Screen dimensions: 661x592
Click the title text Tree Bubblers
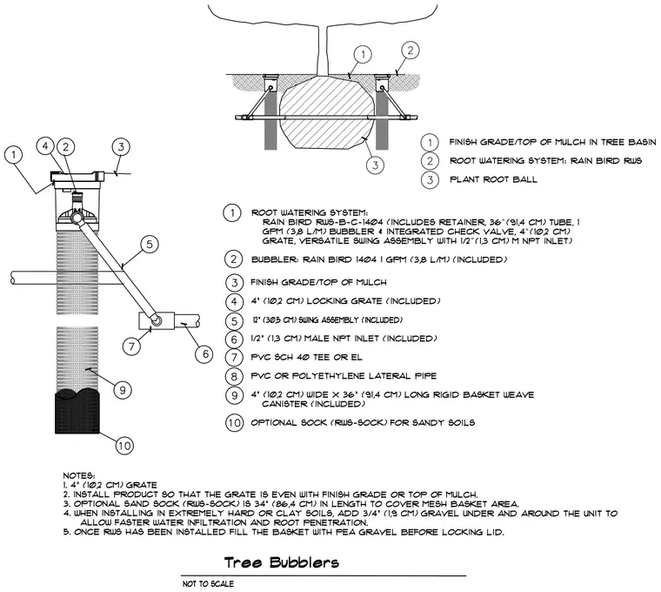(x=281, y=562)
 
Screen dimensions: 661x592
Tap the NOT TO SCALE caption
(x=208, y=584)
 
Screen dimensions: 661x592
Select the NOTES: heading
(x=79, y=476)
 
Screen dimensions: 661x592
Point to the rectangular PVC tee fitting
(x=157, y=320)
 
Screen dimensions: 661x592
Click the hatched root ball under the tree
(x=327, y=111)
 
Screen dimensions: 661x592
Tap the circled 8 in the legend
(x=234, y=376)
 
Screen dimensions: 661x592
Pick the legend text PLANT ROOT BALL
(x=493, y=179)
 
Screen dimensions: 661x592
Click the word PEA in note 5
(x=346, y=532)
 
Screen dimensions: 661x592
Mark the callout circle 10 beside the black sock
(x=124, y=446)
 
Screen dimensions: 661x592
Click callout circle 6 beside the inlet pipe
(x=205, y=353)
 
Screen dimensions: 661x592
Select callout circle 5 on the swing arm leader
(x=150, y=245)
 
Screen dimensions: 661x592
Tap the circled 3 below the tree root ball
(x=375, y=165)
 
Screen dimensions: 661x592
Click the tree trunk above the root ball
(x=322, y=50)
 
